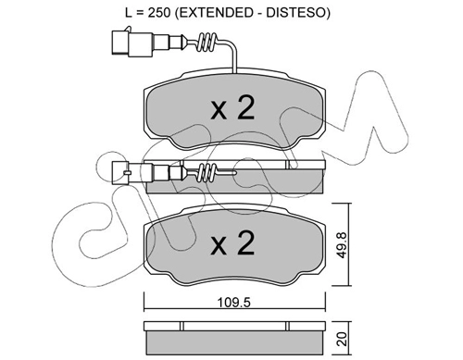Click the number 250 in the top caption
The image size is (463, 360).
point(159,13)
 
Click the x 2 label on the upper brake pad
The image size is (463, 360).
point(232,107)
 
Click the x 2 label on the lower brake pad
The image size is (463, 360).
point(232,243)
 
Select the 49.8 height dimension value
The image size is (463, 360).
point(343,245)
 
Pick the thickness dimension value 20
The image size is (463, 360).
point(343,339)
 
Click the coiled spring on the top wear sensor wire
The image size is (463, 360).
point(207,43)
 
